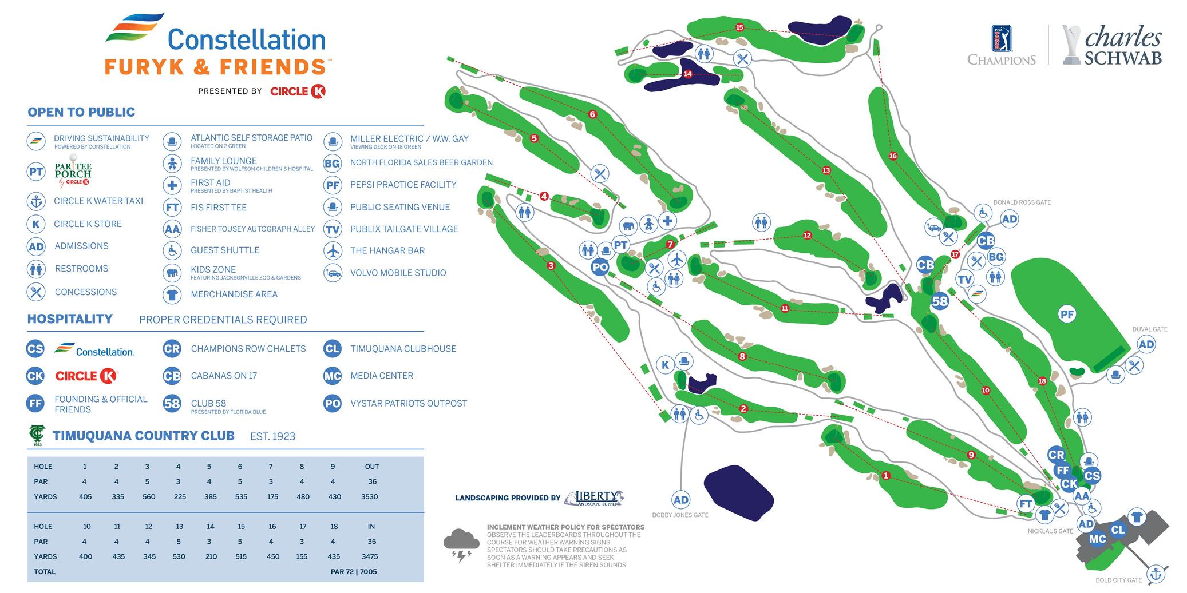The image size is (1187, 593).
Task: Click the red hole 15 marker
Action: click(739, 27)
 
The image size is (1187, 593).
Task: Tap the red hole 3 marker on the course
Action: click(551, 266)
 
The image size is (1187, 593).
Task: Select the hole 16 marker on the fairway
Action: click(892, 156)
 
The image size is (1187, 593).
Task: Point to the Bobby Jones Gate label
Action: click(680, 515)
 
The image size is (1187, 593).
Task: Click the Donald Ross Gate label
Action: click(1022, 202)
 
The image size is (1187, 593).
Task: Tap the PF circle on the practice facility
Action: click(1067, 314)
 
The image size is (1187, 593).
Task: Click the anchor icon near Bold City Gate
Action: click(1156, 574)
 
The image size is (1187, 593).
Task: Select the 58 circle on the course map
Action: click(940, 301)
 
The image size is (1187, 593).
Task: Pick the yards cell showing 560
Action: click(149, 497)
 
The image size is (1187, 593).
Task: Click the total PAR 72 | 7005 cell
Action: click(354, 571)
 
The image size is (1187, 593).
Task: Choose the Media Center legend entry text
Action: click(382, 376)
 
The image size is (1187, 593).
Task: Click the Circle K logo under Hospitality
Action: click(86, 376)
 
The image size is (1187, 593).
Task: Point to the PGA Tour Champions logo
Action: click(1001, 46)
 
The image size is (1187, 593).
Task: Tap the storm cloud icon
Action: click(461, 544)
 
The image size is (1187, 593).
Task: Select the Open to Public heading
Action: click(81, 112)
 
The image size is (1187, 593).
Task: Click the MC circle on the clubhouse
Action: click(1097, 539)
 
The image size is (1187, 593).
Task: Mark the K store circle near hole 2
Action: click(665, 365)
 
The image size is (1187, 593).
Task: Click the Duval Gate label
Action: click(1149, 329)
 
